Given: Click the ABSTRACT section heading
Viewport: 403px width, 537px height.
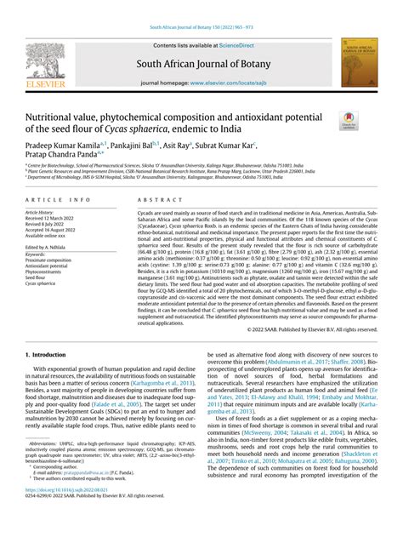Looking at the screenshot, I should pyautogui.click(x=146, y=199).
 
